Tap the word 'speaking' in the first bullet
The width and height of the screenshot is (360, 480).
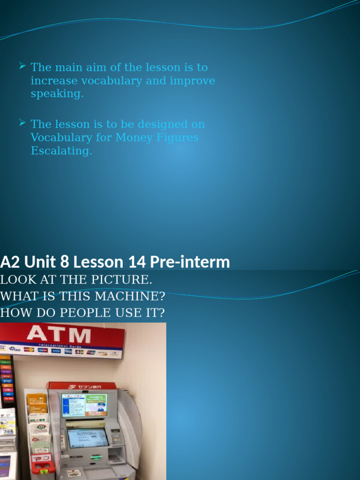[x=56, y=94]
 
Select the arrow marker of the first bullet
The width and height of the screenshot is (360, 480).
[x=22, y=67]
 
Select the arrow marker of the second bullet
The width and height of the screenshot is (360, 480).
[x=22, y=124]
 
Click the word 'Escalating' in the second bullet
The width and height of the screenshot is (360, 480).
[x=60, y=151]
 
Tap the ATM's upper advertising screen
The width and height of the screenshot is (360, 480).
[x=84, y=404]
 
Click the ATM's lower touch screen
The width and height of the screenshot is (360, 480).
[x=88, y=437]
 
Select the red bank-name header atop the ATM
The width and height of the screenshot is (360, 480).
[x=82, y=386]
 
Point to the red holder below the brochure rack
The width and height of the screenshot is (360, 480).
[x=43, y=464]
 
